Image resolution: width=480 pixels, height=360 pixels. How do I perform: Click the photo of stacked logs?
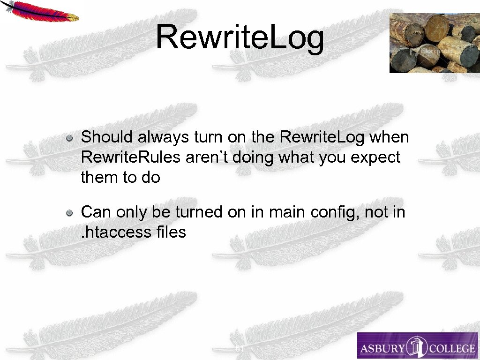[434, 43]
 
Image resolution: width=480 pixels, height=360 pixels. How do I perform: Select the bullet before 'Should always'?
[69, 138]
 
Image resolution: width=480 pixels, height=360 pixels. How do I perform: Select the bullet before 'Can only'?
[69, 213]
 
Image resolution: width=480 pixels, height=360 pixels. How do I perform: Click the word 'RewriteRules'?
[131, 157]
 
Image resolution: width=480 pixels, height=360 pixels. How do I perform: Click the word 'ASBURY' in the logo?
[382, 348]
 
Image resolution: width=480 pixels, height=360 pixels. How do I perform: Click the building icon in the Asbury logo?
[416, 347]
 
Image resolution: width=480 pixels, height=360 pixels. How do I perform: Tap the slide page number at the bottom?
[240, 349]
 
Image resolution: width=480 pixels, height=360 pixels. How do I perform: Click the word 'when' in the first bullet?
[389, 137]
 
